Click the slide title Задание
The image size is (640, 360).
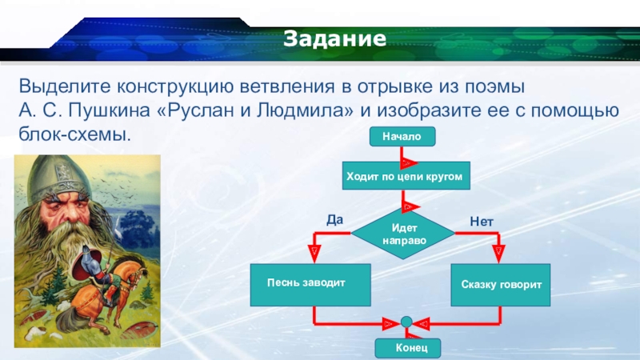pyautogui.click(x=334, y=38)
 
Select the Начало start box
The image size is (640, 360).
pyautogui.click(x=402, y=136)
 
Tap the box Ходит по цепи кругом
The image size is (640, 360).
pyautogui.click(x=406, y=176)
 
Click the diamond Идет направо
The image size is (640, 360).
pyautogui.click(x=403, y=234)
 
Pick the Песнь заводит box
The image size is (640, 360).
pyautogui.click(x=310, y=285)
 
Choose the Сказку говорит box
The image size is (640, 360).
pyautogui.click(x=501, y=285)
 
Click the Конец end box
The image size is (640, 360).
pyautogui.click(x=408, y=348)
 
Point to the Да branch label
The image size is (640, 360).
pyautogui.click(x=334, y=219)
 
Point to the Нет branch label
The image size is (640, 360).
pyautogui.click(x=482, y=222)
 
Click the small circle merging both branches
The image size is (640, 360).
pyautogui.click(x=406, y=322)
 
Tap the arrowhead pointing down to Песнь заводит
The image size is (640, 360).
pyautogui.click(x=314, y=253)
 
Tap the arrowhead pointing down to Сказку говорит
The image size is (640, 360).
pyautogui.click(x=498, y=253)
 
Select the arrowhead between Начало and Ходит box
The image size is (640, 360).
pyautogui.click(x=408, y=163)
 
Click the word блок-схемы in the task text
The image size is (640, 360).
pyautogui.click(x=74, y=134)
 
